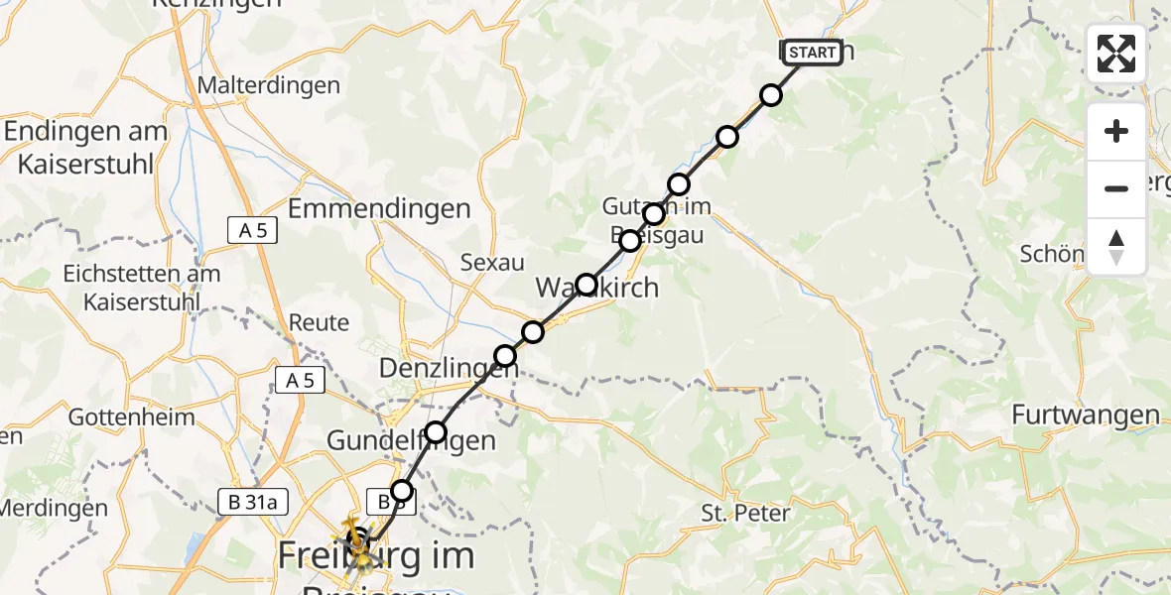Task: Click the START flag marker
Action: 813,53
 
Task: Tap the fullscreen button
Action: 1116,54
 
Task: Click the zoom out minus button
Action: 1116,188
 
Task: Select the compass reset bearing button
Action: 1116,247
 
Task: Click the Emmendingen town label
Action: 378,208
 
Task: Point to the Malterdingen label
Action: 269,85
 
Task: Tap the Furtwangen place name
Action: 1086,415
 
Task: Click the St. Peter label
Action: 745,513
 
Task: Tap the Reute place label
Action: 319,322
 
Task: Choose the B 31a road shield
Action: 253,504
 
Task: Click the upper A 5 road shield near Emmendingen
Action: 252,231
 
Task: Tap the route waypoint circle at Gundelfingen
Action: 436,431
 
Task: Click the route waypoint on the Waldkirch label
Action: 586,285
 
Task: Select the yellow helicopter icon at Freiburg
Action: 355,541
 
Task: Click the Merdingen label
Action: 52,507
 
